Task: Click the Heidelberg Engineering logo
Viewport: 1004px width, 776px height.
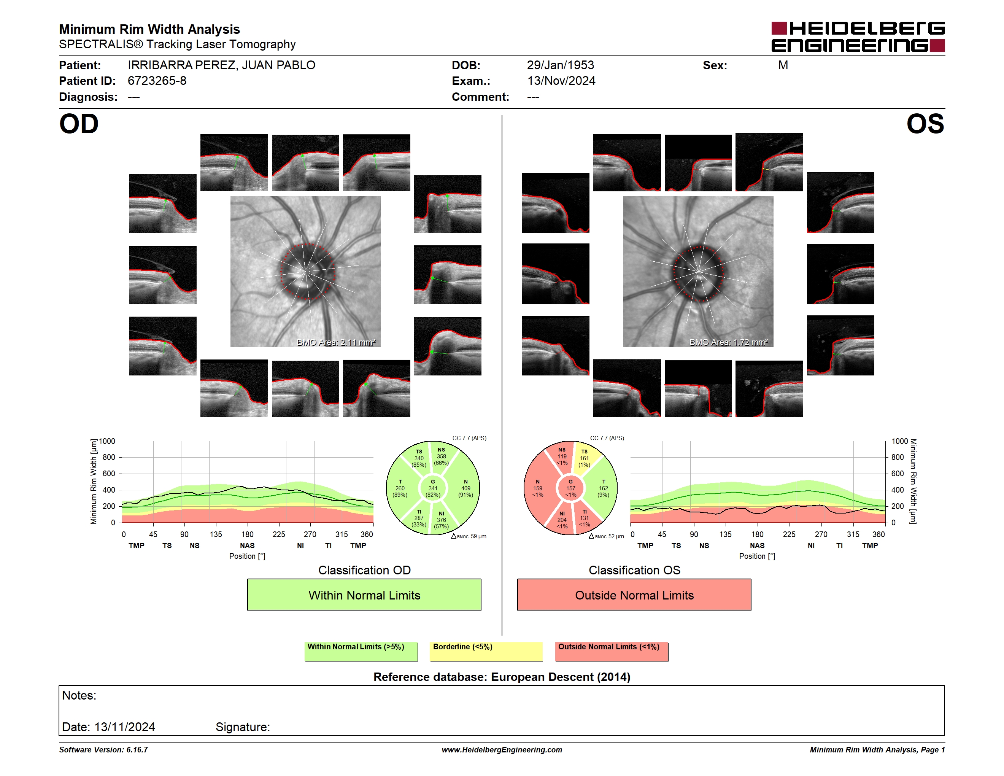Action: tap(858, 37)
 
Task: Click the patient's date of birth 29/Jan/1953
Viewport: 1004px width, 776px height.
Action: tap(561, 65)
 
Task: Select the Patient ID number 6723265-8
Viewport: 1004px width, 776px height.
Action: tap(157, 81)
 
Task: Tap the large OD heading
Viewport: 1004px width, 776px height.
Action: tap(79, 124)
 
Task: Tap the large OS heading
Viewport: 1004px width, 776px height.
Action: tap(925, 124)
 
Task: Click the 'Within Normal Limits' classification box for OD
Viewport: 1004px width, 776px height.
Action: tap(364, 595)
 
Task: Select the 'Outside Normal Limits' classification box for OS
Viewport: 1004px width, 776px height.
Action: tap(634, 595)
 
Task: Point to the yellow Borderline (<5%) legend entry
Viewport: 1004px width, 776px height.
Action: tap(486, 651)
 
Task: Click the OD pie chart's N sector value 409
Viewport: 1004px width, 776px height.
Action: tap(466, 488)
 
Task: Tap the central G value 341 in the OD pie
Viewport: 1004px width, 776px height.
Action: tap(432, 488)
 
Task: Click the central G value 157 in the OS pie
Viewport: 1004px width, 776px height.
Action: tap(570, 488)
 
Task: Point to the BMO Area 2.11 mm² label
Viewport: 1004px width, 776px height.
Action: tap(336, 342)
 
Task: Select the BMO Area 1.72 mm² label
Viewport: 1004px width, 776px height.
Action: tap(729, 342)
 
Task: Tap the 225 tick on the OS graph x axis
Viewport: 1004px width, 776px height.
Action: tap(789, 534)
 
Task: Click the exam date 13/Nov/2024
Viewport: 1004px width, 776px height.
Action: tap(561, 81)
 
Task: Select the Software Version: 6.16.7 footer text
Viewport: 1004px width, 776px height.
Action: tap(103, 750)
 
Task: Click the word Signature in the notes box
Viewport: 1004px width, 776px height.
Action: tap(243, 727)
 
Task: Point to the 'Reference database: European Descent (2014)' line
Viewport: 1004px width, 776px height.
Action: tap(502, 677)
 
